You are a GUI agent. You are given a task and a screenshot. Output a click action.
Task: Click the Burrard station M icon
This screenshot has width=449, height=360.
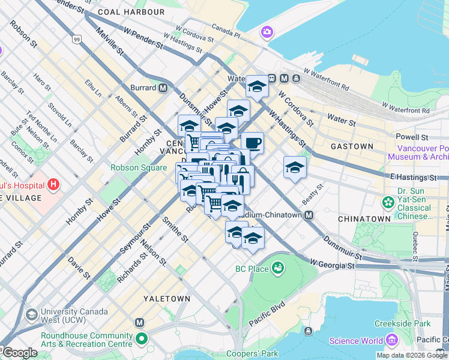(x=163, y=88)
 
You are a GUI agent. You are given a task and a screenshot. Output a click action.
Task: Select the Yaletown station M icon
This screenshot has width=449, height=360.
(x=140, y=323)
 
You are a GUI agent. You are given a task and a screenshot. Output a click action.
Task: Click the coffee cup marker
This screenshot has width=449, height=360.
(x=253, y=143)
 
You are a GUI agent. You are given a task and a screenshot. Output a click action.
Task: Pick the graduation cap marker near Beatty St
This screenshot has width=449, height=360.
(x=295, y=168)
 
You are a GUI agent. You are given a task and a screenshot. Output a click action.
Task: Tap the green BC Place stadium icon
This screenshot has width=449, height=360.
(x=277, y=268)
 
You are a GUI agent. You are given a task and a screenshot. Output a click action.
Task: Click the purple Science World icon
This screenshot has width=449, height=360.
(x=392, y=341)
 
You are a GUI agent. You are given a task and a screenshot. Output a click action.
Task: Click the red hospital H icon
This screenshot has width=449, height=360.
(x=53, y=183)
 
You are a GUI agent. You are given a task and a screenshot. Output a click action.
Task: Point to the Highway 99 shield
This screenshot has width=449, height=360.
(x=76, y=40)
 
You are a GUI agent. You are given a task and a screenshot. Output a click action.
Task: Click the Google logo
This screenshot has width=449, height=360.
(x=19, y=353)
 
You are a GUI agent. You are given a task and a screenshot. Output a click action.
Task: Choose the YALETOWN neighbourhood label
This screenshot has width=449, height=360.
(x=166, y=298)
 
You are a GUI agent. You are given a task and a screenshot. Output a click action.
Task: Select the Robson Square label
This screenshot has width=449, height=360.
(x=137, y=168)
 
